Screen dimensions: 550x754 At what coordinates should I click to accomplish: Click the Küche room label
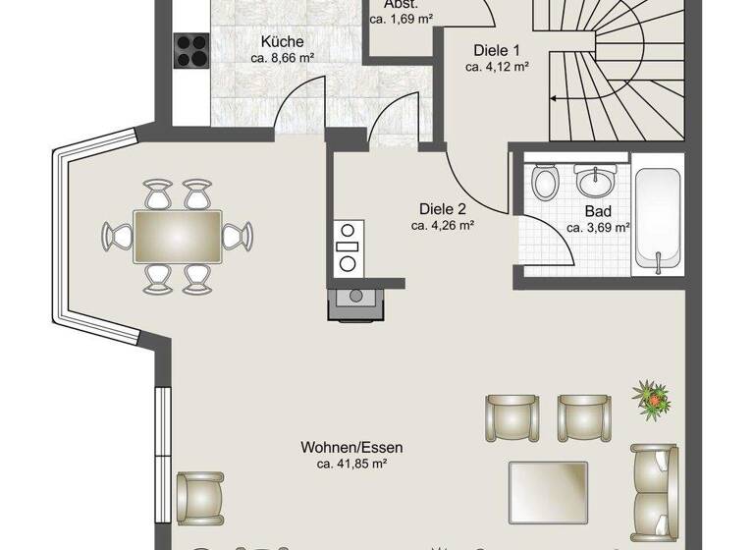(x=282, y=42)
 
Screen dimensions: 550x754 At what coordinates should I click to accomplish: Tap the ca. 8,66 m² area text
(x=282, y=59)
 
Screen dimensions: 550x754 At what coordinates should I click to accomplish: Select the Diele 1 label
(x=497, y=50)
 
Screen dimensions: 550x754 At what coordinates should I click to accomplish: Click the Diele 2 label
(x=443, y=208)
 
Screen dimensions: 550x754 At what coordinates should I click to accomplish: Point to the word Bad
(x=598, y=211)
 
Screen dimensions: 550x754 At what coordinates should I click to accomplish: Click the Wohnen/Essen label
(x=351, y=448)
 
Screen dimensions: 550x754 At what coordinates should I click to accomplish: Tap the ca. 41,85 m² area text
(x=351, y=464)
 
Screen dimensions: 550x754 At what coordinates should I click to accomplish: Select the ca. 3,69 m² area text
(x=598, y=228)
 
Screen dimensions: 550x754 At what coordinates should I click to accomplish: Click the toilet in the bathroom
(x=545, y=181)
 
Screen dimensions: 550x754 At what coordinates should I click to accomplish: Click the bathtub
(x=657, y=217)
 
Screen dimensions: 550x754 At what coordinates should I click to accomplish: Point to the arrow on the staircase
(x=556, y=98)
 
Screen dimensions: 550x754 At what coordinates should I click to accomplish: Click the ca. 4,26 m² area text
(x=443, y=225)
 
